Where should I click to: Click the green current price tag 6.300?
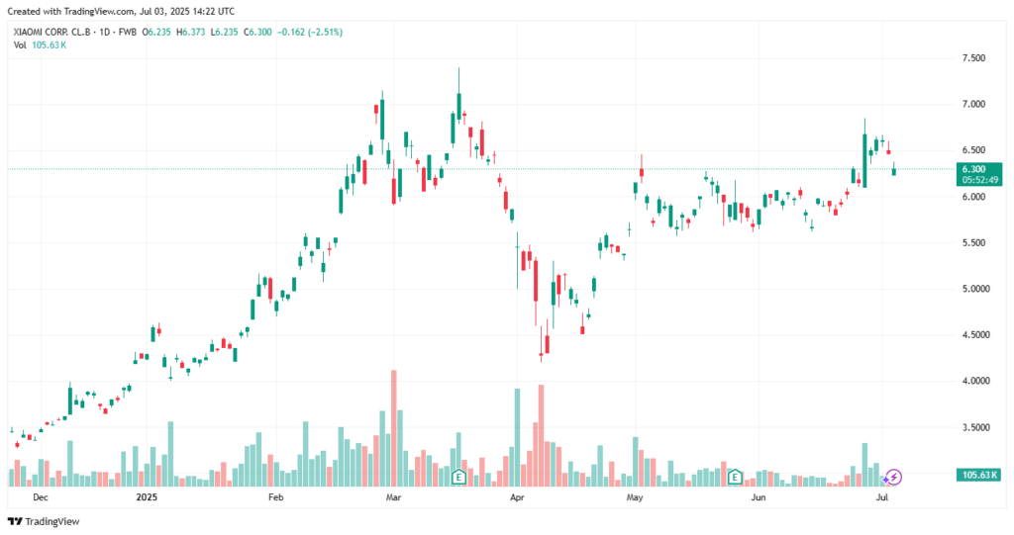(978, 169)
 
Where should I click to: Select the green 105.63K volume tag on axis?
(978, 476)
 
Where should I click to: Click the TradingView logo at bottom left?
(44, 521)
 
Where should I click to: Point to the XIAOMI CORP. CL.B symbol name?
(51, 32)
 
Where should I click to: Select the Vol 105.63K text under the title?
(41, 45)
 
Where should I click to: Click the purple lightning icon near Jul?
(893, 477)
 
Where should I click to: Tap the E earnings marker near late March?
(458, 477)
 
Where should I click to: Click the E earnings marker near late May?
(735, 477)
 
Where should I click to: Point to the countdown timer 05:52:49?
(978, 180)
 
